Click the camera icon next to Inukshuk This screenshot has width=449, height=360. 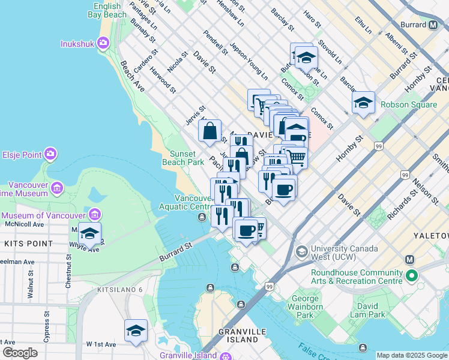(x=103, y=43)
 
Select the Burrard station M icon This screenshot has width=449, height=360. (x=433, y=25)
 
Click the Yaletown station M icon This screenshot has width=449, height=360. (x=411, y=260)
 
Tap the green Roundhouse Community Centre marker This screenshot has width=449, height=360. (x=411, y=277)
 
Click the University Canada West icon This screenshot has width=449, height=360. (x=302, y=250)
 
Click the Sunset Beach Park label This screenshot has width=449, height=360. (x=183, y=158)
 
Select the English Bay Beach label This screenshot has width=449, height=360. (x=106, y=10)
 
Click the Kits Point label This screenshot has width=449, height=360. (x=23, y=243)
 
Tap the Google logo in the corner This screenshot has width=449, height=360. (x=20, y=353)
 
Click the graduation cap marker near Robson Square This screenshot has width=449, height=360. (x=363, y=103)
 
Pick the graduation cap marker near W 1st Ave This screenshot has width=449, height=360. (x=136, y=331)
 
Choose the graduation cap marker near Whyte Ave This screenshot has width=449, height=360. (x=90, y=233)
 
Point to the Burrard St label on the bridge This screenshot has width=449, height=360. (x=175, y=252)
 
